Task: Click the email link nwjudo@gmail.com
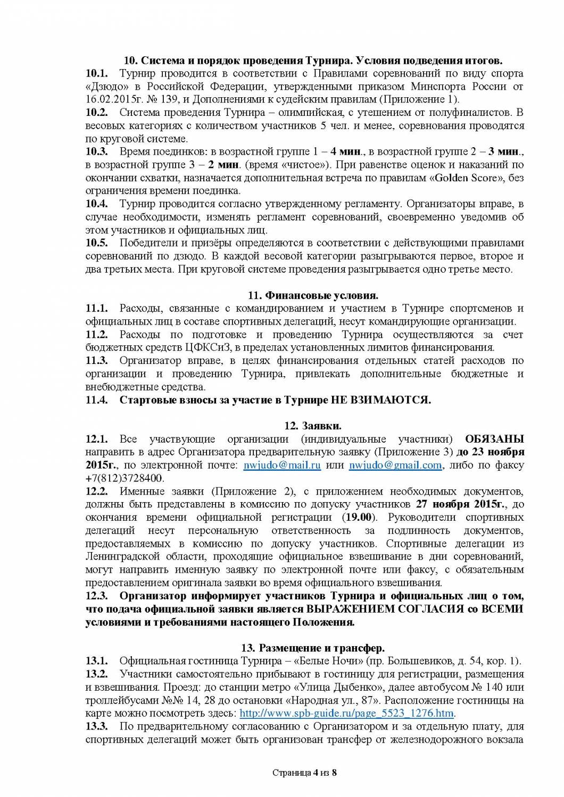tap(395, 465)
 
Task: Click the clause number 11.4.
tap(97, 400)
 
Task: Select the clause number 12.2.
tap(97, 491)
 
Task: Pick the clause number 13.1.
tap(97, 661)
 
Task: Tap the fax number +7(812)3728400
tap(125, 478)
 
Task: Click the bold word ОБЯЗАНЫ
tap(494, 439)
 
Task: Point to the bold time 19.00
tap(360, 517)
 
